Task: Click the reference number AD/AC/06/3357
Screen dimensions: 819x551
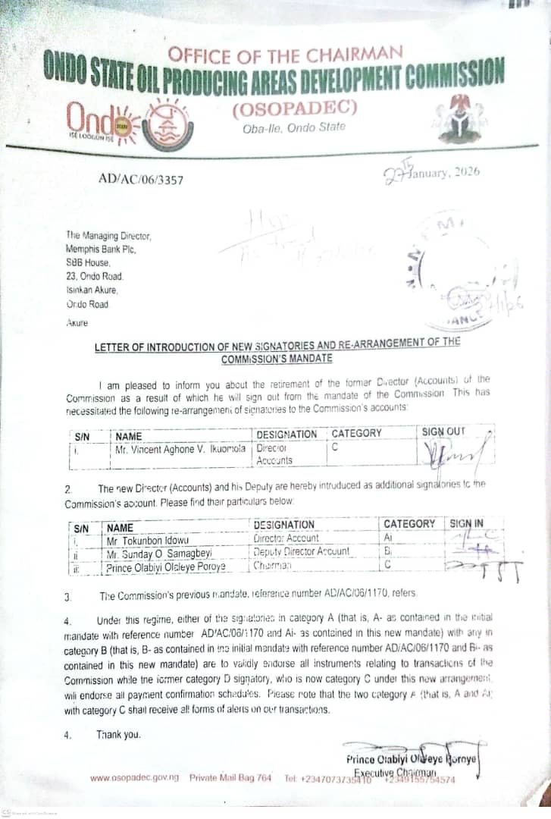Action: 140,180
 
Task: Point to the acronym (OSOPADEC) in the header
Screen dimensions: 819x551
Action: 293,108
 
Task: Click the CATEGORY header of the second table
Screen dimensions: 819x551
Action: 409,524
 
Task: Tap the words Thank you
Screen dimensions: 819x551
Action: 117,735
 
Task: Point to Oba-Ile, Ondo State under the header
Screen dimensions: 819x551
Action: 293,127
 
